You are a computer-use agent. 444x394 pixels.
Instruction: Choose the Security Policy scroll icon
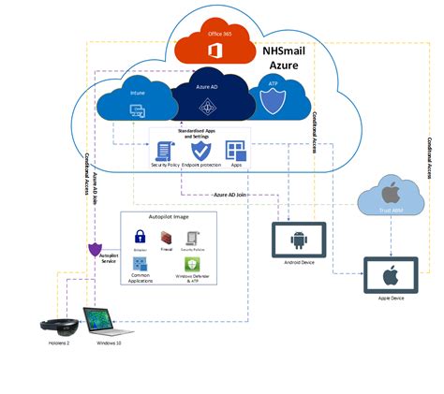coord(164,151)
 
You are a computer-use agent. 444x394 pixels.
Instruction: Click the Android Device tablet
coord(297,241)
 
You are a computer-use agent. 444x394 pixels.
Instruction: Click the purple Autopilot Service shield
coord(95,250)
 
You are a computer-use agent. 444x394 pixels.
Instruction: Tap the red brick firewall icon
coord(167,238)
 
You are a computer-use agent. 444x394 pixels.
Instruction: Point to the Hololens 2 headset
coord(55,328)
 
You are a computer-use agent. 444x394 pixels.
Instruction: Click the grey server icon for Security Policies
coord(192,238)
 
